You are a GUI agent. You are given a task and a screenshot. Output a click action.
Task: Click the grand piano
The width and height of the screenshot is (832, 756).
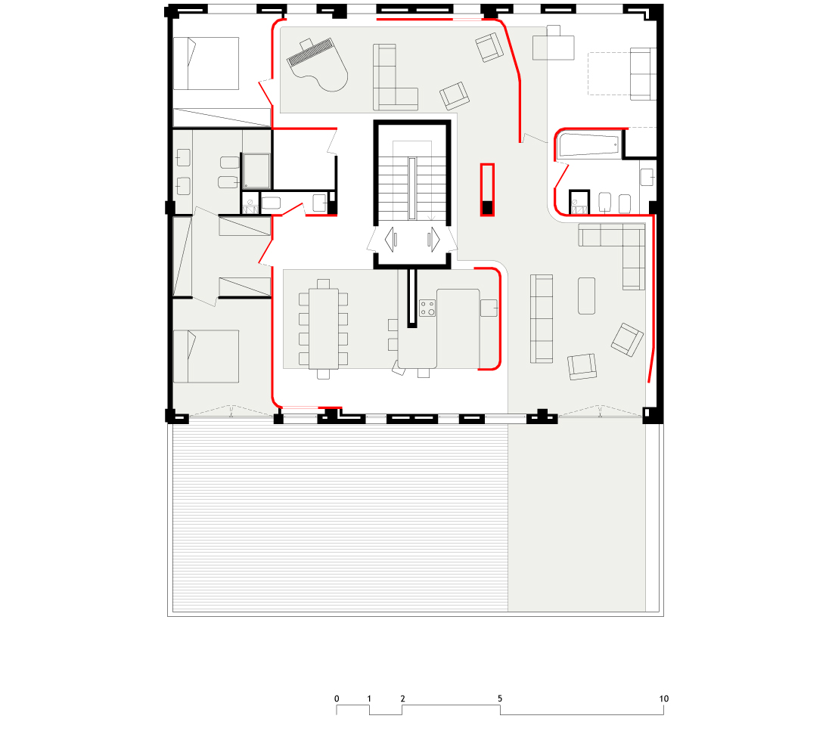point(318,65)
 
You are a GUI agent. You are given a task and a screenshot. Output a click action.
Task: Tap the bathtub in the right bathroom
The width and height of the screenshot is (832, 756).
point(589,145)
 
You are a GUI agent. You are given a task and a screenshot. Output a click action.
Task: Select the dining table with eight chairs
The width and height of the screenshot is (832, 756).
point(323,329)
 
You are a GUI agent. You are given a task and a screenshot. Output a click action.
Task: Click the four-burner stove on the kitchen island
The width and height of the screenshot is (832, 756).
point(427,308)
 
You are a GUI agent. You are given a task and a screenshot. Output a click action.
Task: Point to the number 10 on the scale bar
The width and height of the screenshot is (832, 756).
point(664,699)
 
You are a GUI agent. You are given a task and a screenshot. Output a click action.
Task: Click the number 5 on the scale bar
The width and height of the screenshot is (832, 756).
point(500,699)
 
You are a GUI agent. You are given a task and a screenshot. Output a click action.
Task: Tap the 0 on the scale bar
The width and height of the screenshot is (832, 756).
point(337,699)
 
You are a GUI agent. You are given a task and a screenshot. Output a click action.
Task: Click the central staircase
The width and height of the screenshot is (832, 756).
point(412,181)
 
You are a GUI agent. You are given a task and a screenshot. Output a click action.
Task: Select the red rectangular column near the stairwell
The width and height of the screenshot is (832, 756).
point(487,190)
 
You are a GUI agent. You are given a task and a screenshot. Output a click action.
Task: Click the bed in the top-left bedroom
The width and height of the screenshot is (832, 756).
point(206,64)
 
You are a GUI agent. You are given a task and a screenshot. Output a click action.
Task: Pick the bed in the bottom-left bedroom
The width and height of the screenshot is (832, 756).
point(206,356)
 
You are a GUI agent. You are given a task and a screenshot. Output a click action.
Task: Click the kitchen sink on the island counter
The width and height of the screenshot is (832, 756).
point(489,308)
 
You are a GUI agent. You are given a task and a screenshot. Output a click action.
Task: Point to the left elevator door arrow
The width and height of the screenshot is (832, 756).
point(391,239)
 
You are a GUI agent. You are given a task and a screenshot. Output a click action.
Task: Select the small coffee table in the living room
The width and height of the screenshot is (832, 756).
point(586,296)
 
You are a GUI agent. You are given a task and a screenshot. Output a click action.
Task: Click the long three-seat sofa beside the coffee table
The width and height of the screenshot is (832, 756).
point(542,319)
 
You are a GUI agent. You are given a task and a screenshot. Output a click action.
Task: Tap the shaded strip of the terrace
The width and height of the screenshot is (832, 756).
point(576,517)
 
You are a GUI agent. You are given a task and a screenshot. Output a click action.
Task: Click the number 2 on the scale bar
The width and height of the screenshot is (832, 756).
point(402,699)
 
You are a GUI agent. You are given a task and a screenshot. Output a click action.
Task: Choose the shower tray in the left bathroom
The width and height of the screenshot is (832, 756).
point(256,171)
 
